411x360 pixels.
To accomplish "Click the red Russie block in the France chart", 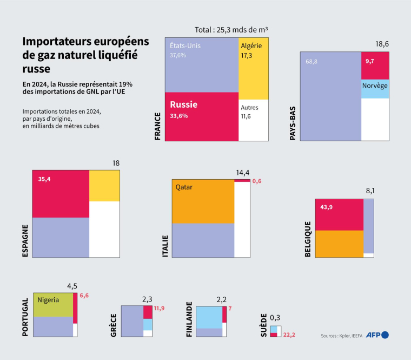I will [201, 116].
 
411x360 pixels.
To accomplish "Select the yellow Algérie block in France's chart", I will [253, 68].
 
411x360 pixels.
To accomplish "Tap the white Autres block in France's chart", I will [253, 120].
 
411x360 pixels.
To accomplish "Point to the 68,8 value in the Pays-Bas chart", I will [311, 62].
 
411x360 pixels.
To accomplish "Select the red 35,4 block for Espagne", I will [61, 193].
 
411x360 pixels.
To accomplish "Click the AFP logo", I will [377, 335].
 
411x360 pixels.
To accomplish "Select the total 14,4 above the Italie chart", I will [242, 173].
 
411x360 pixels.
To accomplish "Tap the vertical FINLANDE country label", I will [189, 320].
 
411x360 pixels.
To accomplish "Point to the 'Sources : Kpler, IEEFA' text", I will [342, 336].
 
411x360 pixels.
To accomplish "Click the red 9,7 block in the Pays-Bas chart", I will [375, 65].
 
